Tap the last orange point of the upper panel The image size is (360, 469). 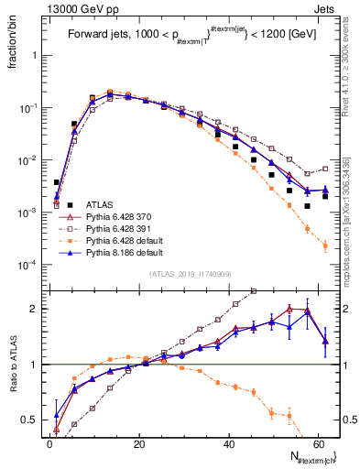tap(325, 245)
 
